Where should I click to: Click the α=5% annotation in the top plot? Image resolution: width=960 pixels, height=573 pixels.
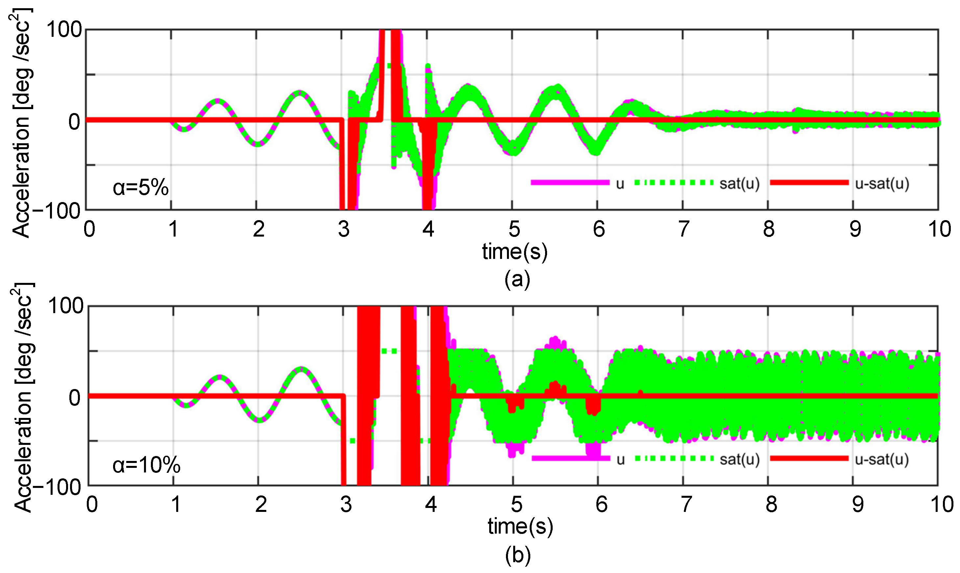click(141, 188)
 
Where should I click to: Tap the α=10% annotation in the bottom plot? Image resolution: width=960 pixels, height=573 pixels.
click(146, 465)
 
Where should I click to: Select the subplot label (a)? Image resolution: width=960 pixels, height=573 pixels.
click(517, 279)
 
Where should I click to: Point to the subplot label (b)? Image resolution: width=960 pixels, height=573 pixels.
click(518, 555)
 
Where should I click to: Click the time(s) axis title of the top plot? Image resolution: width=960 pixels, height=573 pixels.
click(515, 252)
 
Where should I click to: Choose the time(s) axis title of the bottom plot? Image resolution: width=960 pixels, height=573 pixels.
click(520, 526)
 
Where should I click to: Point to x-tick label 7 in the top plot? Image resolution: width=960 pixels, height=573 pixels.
click(684, 229)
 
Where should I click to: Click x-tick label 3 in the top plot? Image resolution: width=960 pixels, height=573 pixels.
click(344, 229)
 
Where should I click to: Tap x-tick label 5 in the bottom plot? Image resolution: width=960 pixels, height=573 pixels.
click(516, 504)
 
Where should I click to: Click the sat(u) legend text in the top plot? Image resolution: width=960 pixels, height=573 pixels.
click(739, 184)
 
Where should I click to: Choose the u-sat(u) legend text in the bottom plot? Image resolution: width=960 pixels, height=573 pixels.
click(881, 459)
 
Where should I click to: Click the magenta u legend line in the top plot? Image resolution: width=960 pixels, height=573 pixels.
click(570, 183)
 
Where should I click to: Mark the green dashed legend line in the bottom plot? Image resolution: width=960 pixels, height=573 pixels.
click(674, 459)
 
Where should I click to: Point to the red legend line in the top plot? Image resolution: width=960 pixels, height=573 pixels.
click(809, 183)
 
